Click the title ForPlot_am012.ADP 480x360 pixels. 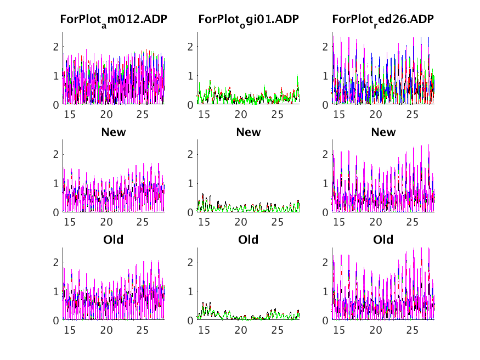click(x=114, y=20)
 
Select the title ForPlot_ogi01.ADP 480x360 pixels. click(x=249, y=20)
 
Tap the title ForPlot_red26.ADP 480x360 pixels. click(x=383, y=20)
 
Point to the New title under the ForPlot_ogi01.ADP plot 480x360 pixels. click(x=249, y=132)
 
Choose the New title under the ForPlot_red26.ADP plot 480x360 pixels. click(x=383, y=132)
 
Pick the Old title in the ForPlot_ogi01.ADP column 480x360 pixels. click(x=249, y=240)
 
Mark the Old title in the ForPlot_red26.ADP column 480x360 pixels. click(x=383, y=240)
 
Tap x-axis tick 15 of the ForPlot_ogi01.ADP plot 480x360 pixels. click(x=204, y=115)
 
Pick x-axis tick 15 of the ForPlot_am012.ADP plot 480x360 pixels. click(x=69, y=115)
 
